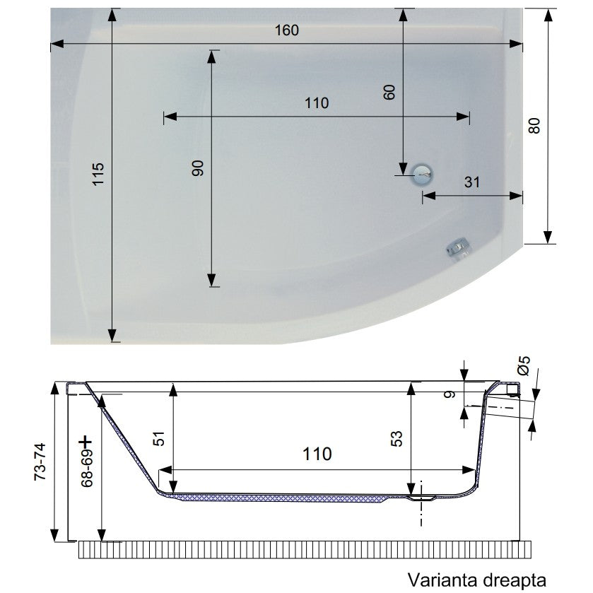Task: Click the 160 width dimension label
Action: point(287,30)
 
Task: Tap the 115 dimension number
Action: point(98,174)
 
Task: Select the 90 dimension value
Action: point(198,168)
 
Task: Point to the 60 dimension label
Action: point(389,93)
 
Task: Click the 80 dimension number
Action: point(534,126)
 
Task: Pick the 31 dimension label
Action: point(472,182)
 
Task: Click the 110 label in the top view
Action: point(317,103)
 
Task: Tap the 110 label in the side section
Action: point(317,454)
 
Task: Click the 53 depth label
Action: point(397,439)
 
